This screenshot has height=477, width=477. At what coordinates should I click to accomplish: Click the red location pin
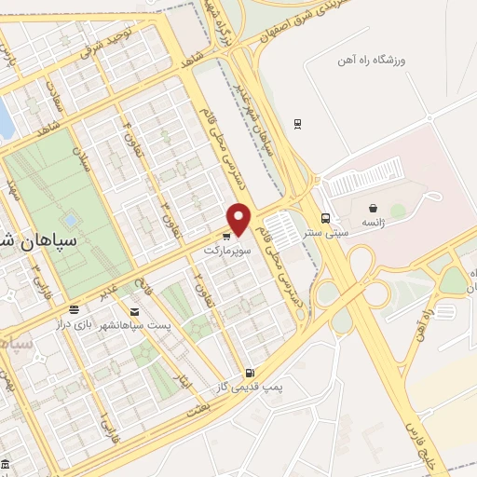point(240,218)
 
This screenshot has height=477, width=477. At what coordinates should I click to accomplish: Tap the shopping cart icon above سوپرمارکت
point(226,236)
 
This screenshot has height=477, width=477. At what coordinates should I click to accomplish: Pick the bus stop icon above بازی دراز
point(73,309)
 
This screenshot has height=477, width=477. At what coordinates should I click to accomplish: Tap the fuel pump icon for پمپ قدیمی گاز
point(249,372)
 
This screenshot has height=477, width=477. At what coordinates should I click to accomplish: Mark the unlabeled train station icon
point(297,123)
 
